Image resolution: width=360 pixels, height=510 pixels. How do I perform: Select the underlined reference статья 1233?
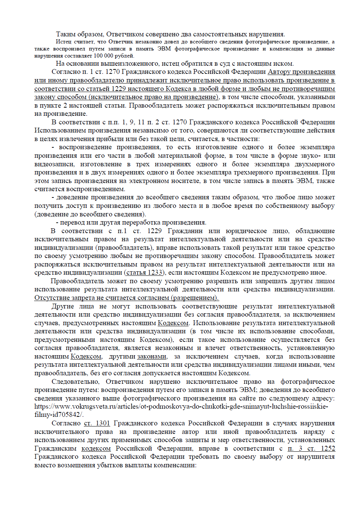click(145, 273)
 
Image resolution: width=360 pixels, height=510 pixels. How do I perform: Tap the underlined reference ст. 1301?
click(97, 423)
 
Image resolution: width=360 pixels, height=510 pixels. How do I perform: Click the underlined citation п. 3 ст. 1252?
click(311, 448)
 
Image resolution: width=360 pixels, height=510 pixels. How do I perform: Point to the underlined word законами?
click(152, 356)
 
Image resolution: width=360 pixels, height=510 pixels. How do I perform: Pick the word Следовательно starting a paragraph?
click(75, 382)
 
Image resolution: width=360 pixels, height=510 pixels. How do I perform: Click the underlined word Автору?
click(280, 72)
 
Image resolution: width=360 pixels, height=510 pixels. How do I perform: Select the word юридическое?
click(246, 231)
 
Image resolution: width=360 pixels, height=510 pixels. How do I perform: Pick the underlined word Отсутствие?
click(52, 298)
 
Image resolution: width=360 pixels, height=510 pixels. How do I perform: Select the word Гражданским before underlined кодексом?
click(56, 448)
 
